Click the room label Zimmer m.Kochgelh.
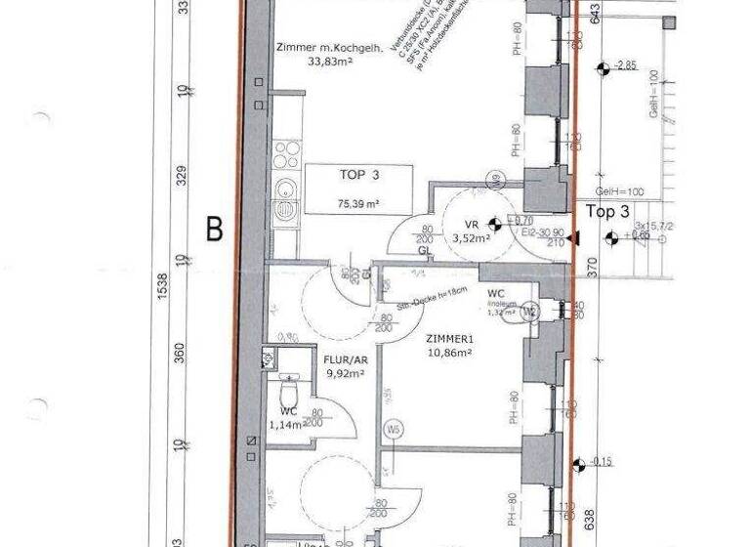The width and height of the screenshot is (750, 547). (328, 47)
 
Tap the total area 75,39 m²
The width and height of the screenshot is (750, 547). (358, 204)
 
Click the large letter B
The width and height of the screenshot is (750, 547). (214, 230)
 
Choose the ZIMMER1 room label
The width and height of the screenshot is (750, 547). (449, 339)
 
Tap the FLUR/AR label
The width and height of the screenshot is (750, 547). (344, 359)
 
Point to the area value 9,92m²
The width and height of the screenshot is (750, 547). (344, 372)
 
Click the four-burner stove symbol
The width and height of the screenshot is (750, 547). (285, 154)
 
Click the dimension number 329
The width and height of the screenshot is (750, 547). (182, 176)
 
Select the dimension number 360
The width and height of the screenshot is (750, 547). (182, 353)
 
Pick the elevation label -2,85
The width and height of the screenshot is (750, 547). (625, 65)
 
